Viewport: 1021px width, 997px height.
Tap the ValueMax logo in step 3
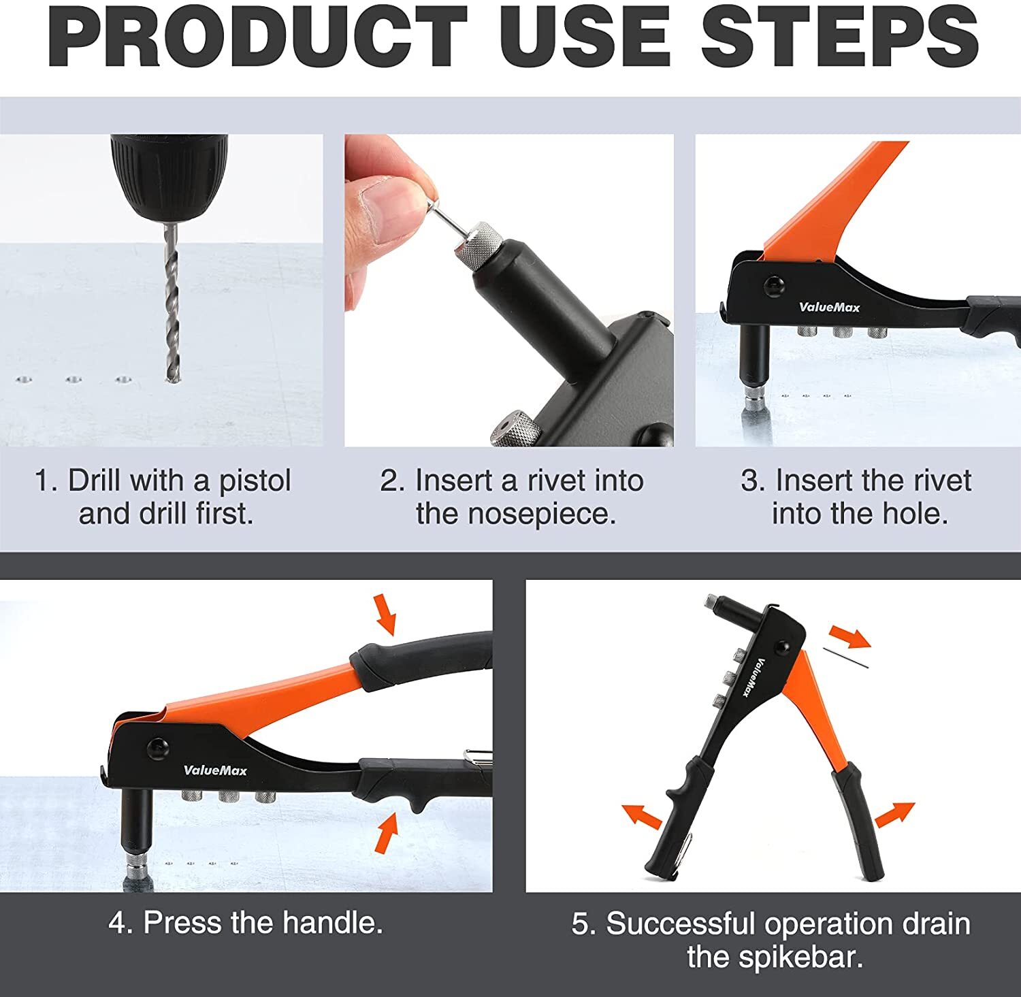pyautogui.click(x=829, y=307)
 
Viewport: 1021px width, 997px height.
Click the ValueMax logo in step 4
pyautogui.click(x=215, y=770)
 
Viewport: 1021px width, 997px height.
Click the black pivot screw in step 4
pyautogui.click(x=157, y=749)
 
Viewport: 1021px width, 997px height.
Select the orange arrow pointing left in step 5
pyautogui.click(x=641, y=815)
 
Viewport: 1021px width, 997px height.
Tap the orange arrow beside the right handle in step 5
pyautogui.click(x=894, y=814)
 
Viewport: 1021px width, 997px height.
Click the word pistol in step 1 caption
pyautogui.click(x=255, y=482)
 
